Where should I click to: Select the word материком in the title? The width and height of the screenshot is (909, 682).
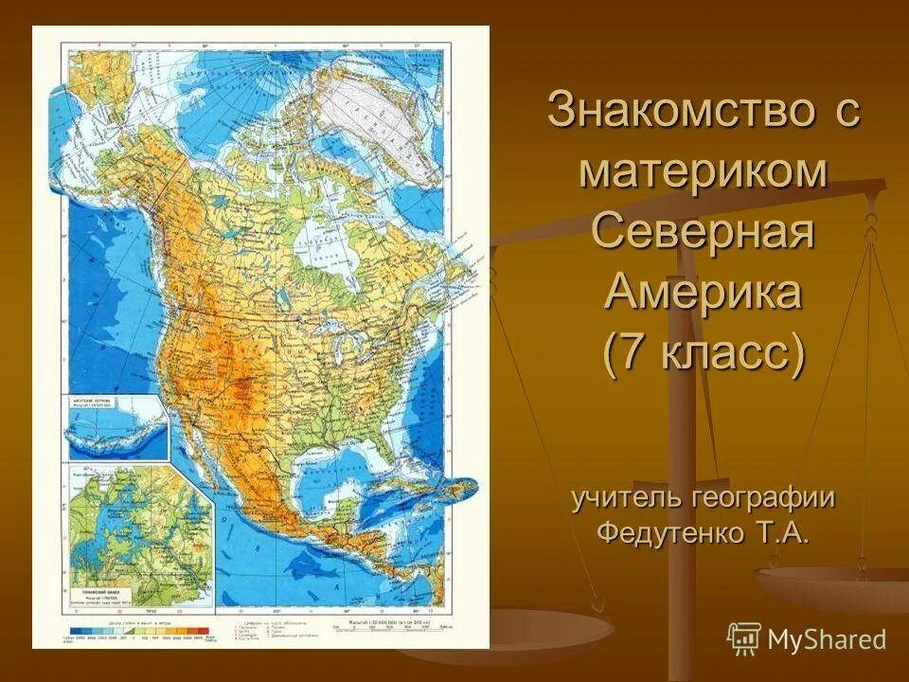click(x=704, y=172)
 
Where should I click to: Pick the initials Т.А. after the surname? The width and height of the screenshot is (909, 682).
click(x=781, y=533)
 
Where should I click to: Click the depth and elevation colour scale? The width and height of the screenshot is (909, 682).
click(x=142, y=630)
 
